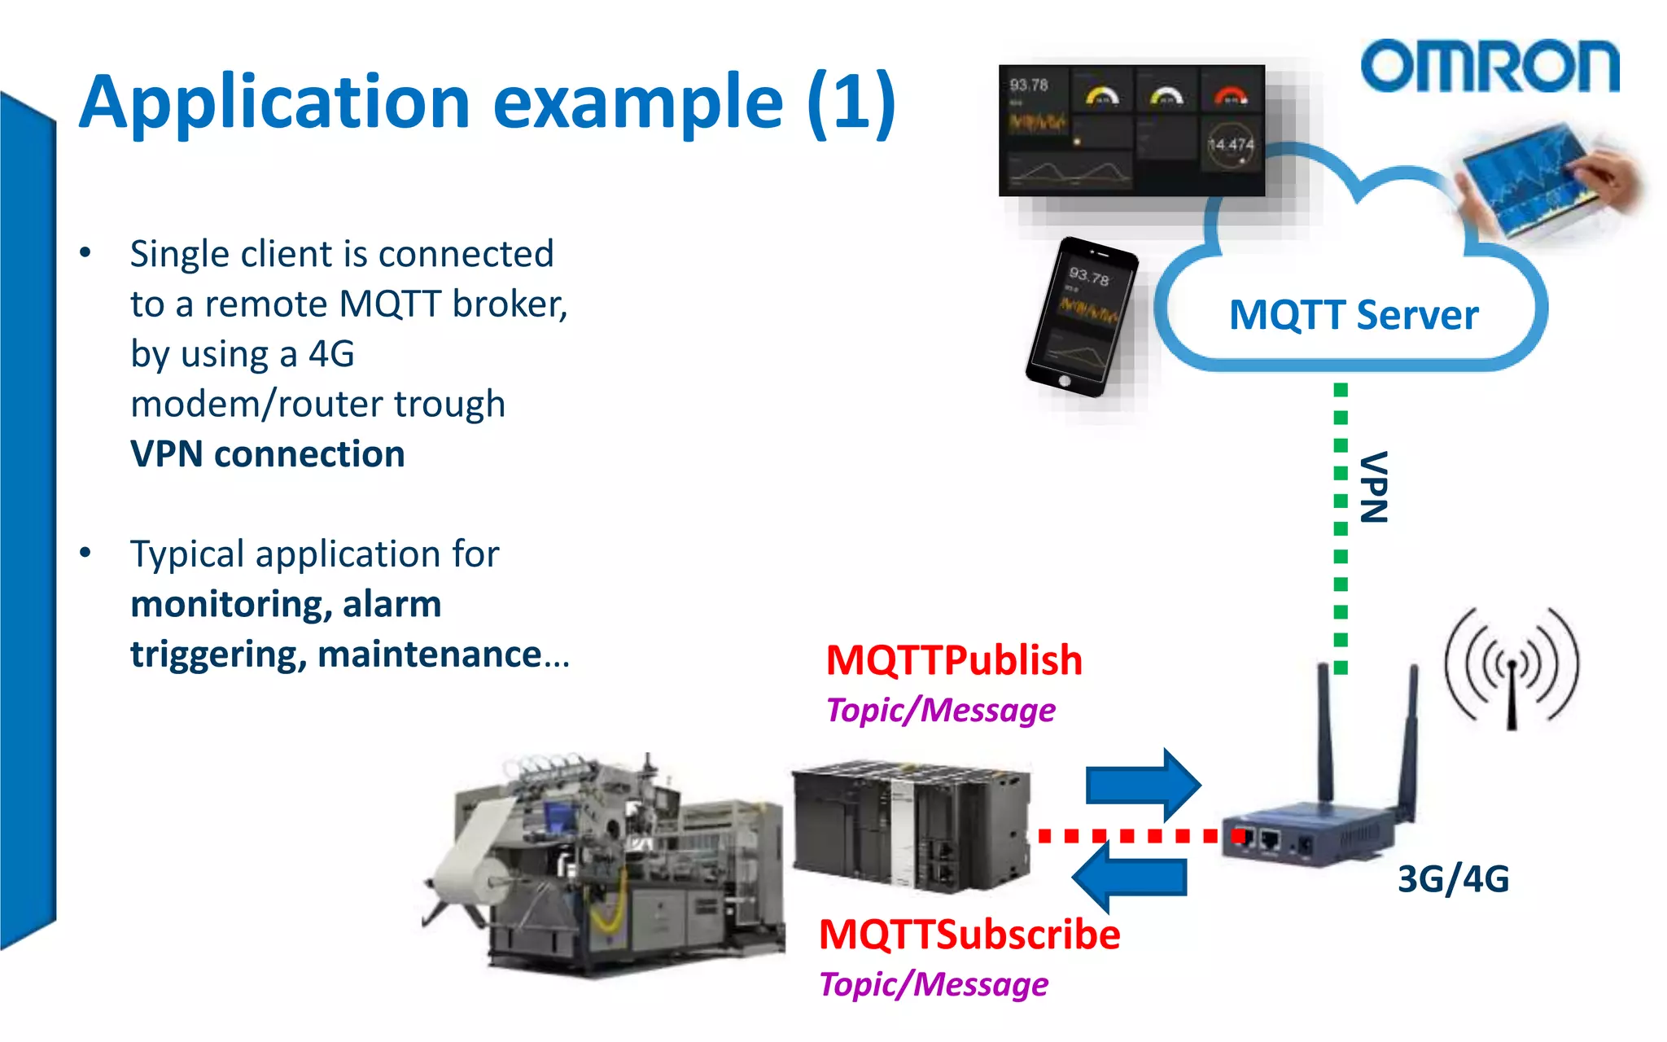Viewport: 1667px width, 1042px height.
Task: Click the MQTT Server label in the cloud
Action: tap(1353, 315)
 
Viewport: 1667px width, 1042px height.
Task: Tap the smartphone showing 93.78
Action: tap(1081, 317)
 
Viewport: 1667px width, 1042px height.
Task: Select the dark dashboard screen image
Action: tap(1131, 130)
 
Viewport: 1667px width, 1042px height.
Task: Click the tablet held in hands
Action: tap(1530, 179)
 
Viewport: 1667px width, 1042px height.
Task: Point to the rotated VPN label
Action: tap(1374, 487)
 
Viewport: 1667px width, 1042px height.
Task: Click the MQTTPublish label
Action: tap(953, 660)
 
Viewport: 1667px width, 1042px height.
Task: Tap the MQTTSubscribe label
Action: tap(969, 935)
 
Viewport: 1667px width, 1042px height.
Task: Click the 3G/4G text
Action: tap(1453, 879)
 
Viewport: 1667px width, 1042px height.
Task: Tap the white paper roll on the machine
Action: tap(480, 855)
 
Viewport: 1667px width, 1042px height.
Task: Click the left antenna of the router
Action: tap(1325, 733)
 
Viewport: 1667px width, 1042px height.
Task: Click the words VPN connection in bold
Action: tap(267, 454)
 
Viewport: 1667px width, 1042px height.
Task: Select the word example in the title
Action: tap(637, 103)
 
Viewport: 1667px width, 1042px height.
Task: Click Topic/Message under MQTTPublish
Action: tap(940, 710)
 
